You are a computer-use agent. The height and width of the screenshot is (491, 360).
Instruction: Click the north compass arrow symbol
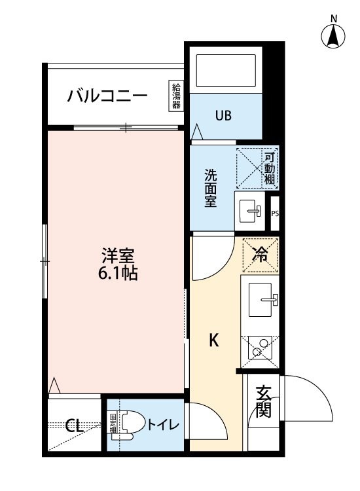tap(333, 35)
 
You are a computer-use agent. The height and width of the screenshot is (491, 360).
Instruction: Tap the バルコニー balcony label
tap(107, 96)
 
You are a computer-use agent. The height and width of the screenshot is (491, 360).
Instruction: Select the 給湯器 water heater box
tap(176, 96)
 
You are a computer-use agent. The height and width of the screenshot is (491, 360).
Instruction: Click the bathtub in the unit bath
tap(226, 71)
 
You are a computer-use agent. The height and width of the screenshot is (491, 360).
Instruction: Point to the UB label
tap(223, 116)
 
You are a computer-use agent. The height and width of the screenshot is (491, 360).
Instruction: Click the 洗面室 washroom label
tap(211, 188)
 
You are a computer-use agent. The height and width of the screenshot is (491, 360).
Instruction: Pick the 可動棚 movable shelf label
tap(269, 168)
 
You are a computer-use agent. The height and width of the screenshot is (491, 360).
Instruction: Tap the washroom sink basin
tap(250, 211)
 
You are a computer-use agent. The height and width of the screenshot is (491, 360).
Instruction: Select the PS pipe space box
tap(274, 213)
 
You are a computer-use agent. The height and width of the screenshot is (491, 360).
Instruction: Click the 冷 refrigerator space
tap(261, 255)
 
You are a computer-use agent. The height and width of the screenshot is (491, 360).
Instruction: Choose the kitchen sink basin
tap(260, 300)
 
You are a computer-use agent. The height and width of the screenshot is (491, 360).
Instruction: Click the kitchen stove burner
tap(260, 348)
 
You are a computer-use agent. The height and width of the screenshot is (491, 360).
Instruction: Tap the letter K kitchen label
tap(213, 340)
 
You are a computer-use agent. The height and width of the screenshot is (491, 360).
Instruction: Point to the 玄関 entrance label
tap(263, 401)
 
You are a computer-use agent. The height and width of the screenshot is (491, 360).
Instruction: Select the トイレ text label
tap(163, 425)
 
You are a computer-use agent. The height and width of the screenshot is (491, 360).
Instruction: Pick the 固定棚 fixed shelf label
tap(113, 424)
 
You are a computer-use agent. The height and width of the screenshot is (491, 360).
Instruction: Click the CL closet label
tap(74, 426)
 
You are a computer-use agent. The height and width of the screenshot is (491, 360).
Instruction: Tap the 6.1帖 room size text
tap(118, 274)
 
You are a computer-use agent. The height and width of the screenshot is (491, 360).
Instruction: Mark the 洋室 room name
tap(118, 255)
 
